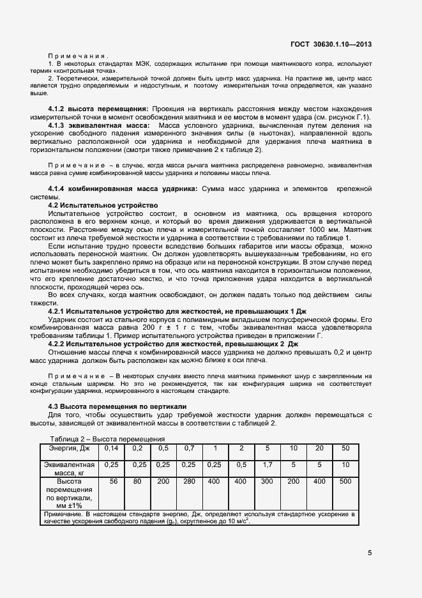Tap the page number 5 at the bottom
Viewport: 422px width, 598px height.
pos(370,553)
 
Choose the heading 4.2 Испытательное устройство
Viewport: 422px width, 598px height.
pos(103,205)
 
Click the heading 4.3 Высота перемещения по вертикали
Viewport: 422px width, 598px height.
pos(117,406)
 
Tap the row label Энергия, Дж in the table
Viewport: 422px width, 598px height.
pos(71,448)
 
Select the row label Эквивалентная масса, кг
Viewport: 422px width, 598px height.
pos(71,470)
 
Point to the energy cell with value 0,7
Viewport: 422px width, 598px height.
pos(189,448)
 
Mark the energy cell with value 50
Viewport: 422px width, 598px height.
pos(345,448)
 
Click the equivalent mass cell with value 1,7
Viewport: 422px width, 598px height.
pos(268,465)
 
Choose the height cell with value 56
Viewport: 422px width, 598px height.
pos(113,481)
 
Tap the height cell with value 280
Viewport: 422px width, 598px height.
pos(189,481)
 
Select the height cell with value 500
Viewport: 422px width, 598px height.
pos(345,481)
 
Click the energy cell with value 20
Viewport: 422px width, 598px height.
pos(319,448)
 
